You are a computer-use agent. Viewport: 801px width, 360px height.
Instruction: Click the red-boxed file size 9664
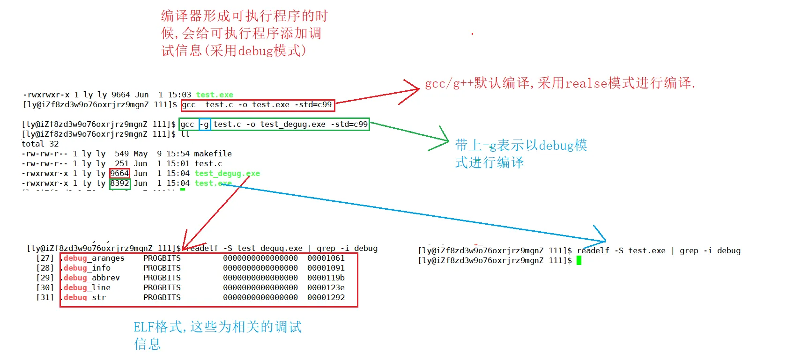(x=119, y=173)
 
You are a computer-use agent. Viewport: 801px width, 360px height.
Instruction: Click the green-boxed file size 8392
(x=119, y=184)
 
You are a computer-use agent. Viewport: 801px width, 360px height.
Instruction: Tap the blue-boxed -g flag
(x=205, y=124)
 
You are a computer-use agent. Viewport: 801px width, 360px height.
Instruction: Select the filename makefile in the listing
(x=213, y=154)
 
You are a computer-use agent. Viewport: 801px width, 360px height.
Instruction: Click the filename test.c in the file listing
(x=208, y=163)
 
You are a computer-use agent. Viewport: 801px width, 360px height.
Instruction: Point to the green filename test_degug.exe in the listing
(x=227, y=173)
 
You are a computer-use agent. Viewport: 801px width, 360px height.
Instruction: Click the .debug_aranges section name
(x=94, y=258)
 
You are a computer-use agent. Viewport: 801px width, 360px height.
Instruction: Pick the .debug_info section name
(x=87, y=268)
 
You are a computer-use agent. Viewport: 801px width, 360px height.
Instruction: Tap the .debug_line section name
(x=87, y=287)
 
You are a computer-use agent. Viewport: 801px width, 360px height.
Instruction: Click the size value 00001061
(x=326, y=258)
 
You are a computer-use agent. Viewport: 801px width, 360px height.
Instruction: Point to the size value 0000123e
(x=326, y=287)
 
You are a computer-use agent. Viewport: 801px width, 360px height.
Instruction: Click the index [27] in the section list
(x=45, y=258)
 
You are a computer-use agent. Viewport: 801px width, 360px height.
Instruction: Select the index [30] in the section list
(x=45, y=287)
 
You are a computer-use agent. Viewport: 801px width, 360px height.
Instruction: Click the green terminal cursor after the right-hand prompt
(x=579, y=260)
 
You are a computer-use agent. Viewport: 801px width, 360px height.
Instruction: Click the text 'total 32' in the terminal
(x=40, y=144)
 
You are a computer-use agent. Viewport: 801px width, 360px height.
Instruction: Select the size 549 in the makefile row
(x=122, y=154)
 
